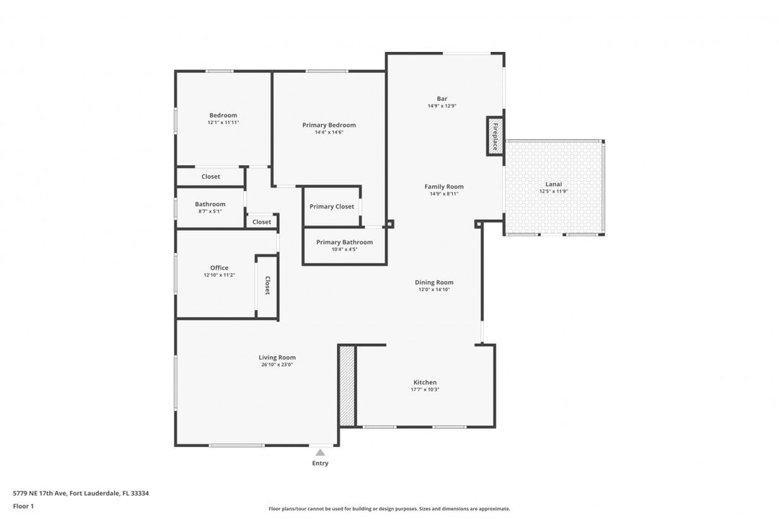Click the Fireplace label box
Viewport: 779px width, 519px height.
(496, 136)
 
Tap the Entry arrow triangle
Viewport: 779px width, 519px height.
(320, 452)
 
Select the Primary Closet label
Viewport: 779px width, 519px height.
(332, 207)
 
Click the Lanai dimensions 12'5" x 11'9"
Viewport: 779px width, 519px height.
(554, 191)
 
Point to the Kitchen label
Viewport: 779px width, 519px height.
(425, 382)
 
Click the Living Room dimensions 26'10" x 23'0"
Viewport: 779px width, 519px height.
(277, 365)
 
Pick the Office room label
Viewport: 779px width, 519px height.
(219, 267)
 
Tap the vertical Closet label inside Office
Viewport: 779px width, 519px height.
(267, 285)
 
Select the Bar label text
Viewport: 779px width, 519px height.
(442, 99)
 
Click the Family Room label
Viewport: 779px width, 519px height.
(444, 187)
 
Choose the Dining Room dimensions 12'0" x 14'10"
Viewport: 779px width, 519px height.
(434, 290)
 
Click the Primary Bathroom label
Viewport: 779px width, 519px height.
(345, 242)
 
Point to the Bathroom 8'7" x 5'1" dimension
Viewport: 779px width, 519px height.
(210, 211)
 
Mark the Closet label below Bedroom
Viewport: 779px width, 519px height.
(211, 177)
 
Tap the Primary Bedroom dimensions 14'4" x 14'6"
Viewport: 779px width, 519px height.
(329, 133)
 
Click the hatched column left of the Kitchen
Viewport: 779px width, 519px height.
(347, 385)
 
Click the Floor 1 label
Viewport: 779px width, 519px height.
(23, 506)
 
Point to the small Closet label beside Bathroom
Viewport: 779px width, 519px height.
(262, 222)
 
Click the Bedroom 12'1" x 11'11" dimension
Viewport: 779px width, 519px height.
(223, 123)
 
